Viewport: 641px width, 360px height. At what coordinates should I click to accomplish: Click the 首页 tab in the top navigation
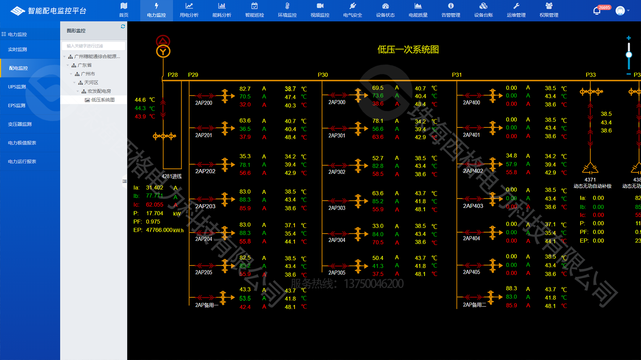tap(123, 10)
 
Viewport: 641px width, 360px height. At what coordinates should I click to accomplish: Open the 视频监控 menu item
tap(320, 10)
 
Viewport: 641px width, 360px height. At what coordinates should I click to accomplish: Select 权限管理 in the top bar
tap(549, 10)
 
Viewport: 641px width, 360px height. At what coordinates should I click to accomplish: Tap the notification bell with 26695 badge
tap(597, 11)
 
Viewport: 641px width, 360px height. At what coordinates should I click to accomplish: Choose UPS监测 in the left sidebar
tap(17, 87)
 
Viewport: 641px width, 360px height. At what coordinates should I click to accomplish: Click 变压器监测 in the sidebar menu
tap(20, 124)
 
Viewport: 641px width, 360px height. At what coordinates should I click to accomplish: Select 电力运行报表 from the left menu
tap(22, 162)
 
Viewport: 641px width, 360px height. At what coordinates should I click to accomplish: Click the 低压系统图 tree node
tap(103, 100)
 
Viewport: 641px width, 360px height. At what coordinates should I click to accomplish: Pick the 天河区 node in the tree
tap(91, 82)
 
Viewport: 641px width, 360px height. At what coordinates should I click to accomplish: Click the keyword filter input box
tap(93, 46)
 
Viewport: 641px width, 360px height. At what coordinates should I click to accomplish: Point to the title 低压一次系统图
tap(408, 49)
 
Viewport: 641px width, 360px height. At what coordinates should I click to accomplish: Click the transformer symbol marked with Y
tap(163, 51)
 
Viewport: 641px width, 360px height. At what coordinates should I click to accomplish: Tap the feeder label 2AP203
tap(205, 206)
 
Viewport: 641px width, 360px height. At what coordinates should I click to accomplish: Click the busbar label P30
tap(323, 75)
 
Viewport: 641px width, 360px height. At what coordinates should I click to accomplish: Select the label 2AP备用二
tap(474, 305)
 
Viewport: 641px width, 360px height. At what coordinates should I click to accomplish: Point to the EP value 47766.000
tap(159, 230)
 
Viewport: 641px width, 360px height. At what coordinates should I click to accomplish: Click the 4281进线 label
tap(172, 176)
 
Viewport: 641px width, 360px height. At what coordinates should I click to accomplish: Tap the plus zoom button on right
tap(628, 38)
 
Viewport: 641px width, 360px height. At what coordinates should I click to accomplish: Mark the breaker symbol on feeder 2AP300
tap(359, 95)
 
